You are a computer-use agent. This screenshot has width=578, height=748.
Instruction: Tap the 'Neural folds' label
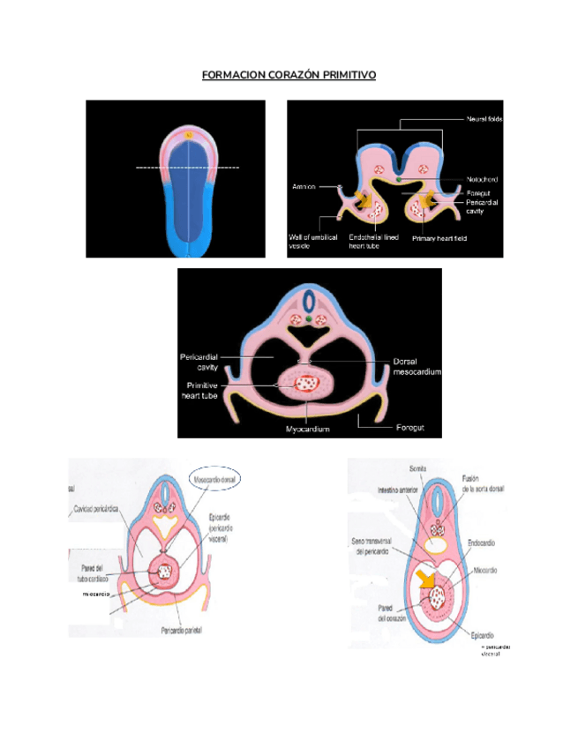coord(484,119)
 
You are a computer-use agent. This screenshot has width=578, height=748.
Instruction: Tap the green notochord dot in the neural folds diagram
coord(399,180)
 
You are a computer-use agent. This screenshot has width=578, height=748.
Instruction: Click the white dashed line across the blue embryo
coord(187,167)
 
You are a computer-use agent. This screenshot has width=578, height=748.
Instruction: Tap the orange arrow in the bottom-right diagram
coord(427,578)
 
